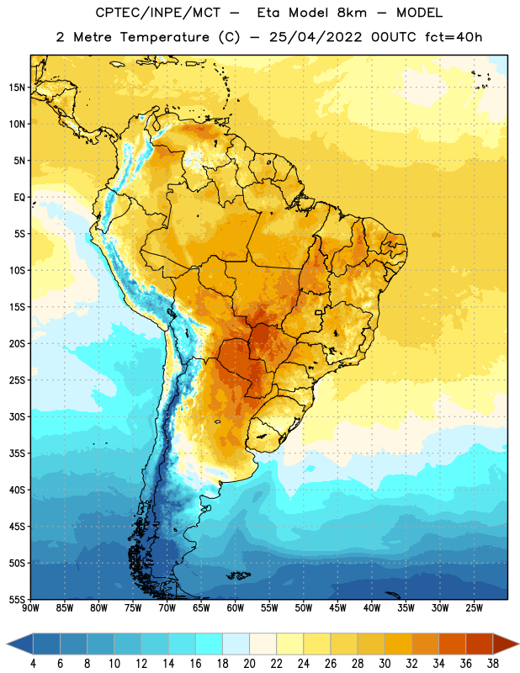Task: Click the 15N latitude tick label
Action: pyautogui.click(x=17, y=87)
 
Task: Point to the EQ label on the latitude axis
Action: pyautogui.click(x=19, y=198)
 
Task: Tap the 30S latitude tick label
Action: pyautogui.click(x=17, y=416)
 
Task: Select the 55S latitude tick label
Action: pyautogui.click(x=17, y=600)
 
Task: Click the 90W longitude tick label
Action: pyautogui.click(x=30, y=607)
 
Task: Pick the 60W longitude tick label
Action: pyautogui.click(x=236, y=607)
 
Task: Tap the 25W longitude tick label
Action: pyautogui.click(x=474, y=607)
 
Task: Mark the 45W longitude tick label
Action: pyautogui.click(x=337, y=607)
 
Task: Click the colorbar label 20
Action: pyautogui.click(x=249, y=664)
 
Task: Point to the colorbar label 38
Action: pyautogui.click(x=492, y=664)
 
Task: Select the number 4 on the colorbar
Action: pyautogui.click(x=33, y=664)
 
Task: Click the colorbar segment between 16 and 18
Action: pyautogui.click(x=210, y=644)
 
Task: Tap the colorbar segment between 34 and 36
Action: pyautogui.click(x=452, y=644)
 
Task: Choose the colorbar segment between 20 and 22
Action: pyautogui.click(x=263, y=644)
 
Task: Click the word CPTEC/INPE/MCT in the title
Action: pyautogui.click(x=158, y=13)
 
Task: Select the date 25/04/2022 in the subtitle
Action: pyautogui.click(x=316, y=37)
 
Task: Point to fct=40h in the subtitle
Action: pyautogui.click(x=454, y=37)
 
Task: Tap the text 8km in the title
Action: pyautogui.click(x=352, y=13)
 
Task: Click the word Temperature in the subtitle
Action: pyautogui.click(x=164, y=37)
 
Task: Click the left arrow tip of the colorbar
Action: pyautogui.click(x=7, y=644)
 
